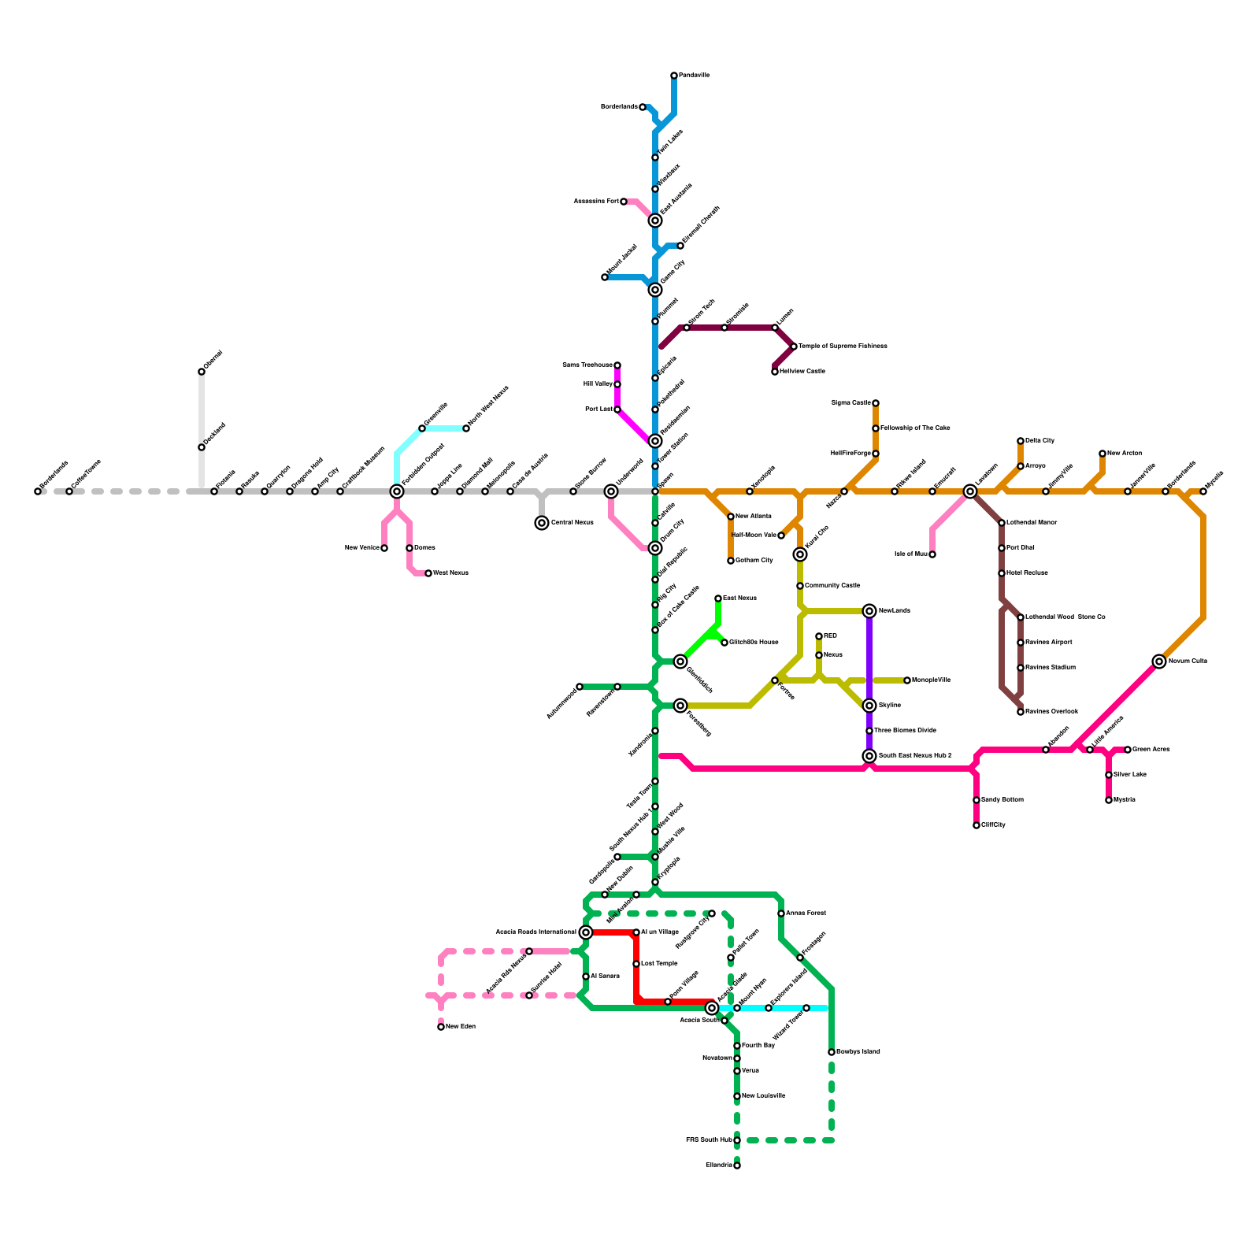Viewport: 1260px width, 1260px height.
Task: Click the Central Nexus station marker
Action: click(x=542, y=523)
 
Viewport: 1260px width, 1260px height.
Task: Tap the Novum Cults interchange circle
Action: click(x=1159, y=661)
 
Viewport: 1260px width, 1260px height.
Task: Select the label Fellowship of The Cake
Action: click(x=915, y=428)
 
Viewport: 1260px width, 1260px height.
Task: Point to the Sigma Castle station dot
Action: click(x=876, y=403)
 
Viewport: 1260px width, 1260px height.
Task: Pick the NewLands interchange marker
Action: click(x=869, y=611)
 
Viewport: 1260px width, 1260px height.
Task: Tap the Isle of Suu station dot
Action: click(x=932, y=554)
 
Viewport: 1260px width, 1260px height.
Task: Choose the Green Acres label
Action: click(x=1151, y=750)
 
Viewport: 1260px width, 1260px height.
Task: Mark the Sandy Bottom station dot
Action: click(x=976, y=800)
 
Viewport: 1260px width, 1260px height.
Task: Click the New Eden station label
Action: click(x=461, y=1027)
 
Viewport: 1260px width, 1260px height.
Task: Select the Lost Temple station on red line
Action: click(x=636, y=964)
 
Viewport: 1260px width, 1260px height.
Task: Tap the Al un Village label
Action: click(x=660, y=932)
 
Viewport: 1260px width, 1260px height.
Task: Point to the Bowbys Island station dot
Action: click(x=832, y=1052)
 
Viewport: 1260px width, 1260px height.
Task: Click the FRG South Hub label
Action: click(x=709, y=1140)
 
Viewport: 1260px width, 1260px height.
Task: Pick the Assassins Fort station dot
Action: click(x=624, y=202)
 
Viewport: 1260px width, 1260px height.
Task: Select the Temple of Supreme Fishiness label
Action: click(x=843, y=346)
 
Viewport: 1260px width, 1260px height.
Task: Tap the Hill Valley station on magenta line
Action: click(x=617, y=384)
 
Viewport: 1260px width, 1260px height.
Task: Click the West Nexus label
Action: click(x=450, y=573)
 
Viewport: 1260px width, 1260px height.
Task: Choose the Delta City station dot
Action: click(x=1021, y=441)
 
